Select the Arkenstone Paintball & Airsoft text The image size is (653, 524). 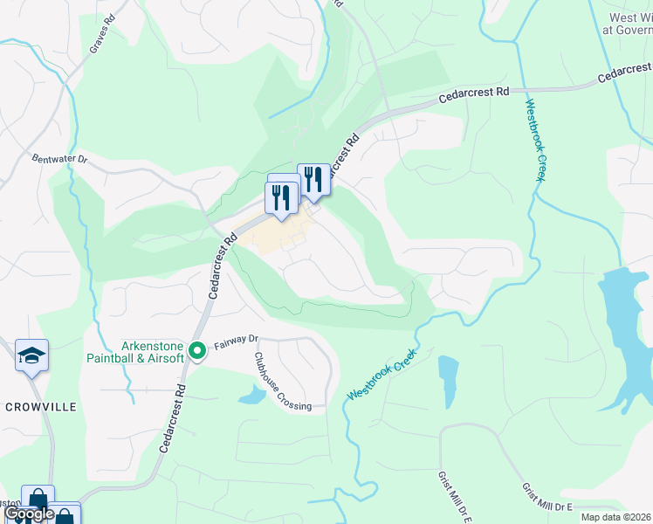point(136,351)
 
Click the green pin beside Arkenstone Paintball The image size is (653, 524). point(198,351)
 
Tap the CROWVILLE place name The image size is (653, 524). point(41,407)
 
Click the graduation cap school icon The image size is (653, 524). point(32,356)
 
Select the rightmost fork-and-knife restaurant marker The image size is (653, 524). point(313,180)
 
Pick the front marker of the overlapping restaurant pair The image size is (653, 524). point(281,197)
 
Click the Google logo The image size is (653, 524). point(29,514)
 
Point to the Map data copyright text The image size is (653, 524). point(615,517)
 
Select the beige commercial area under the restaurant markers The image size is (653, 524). point(280,234)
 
